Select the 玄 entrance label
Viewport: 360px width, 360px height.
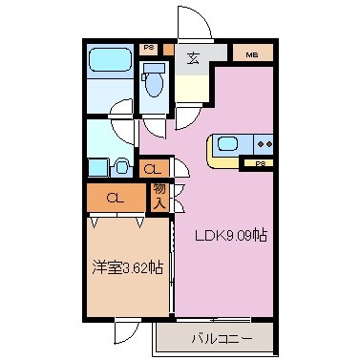click(193, 57)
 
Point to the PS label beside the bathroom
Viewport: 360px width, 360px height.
click(149, 47)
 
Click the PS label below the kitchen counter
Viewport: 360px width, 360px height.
click(260, 165)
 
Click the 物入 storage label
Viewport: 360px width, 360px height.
click(159, 197)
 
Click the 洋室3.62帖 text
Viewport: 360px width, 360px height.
click(126, 266)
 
